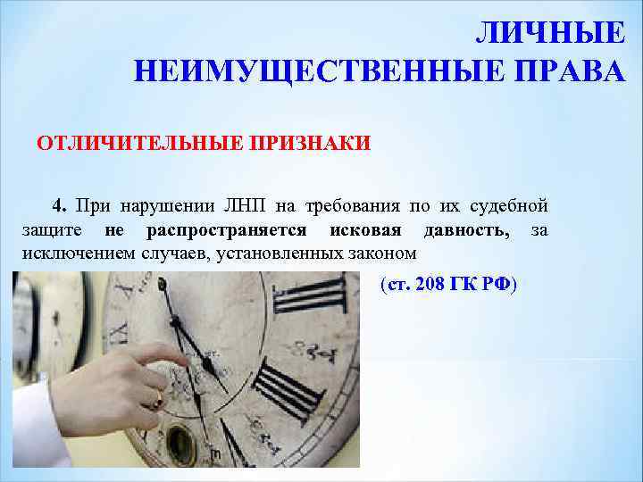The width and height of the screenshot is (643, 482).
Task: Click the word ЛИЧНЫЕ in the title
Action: (x=548, y=33)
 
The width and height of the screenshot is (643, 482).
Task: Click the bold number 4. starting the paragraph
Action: (x=60, y=205)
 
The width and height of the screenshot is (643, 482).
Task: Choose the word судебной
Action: (x=509, y=205)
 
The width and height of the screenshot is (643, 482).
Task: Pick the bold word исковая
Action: (x=361, y=230)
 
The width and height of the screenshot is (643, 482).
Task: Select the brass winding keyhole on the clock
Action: (x=180, y=441)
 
